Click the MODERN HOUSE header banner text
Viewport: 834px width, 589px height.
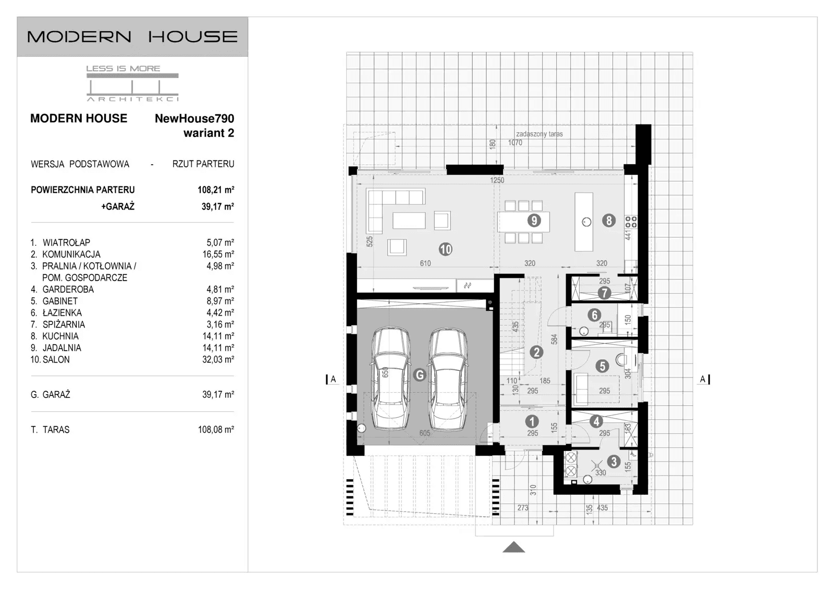132,37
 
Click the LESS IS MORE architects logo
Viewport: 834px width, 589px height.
132,83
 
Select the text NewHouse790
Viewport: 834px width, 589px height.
194,119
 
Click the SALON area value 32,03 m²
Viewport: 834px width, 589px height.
218,359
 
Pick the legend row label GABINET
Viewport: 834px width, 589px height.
60,301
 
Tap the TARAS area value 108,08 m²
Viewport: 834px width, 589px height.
216,430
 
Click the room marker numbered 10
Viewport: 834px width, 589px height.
445,249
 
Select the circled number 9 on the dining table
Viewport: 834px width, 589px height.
533,220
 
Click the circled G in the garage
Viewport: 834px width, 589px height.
419,374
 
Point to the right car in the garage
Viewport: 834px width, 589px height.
448,380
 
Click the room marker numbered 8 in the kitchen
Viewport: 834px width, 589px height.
608,220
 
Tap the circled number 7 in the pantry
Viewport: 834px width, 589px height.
604,293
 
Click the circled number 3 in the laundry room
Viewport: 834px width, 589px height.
614,461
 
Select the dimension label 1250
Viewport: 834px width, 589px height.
497,180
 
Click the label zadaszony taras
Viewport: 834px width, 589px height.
539,134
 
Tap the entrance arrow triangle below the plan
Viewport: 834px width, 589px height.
514,547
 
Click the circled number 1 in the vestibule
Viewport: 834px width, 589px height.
532,421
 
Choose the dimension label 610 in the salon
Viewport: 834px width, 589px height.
425,264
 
